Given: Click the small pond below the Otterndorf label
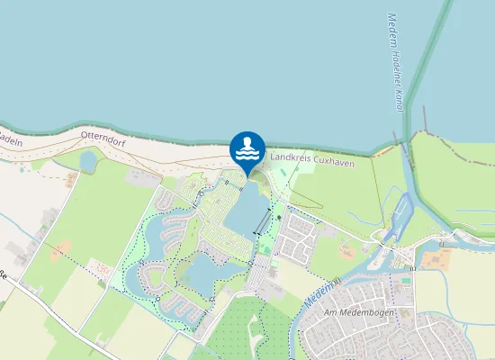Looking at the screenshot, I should (88, 161).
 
